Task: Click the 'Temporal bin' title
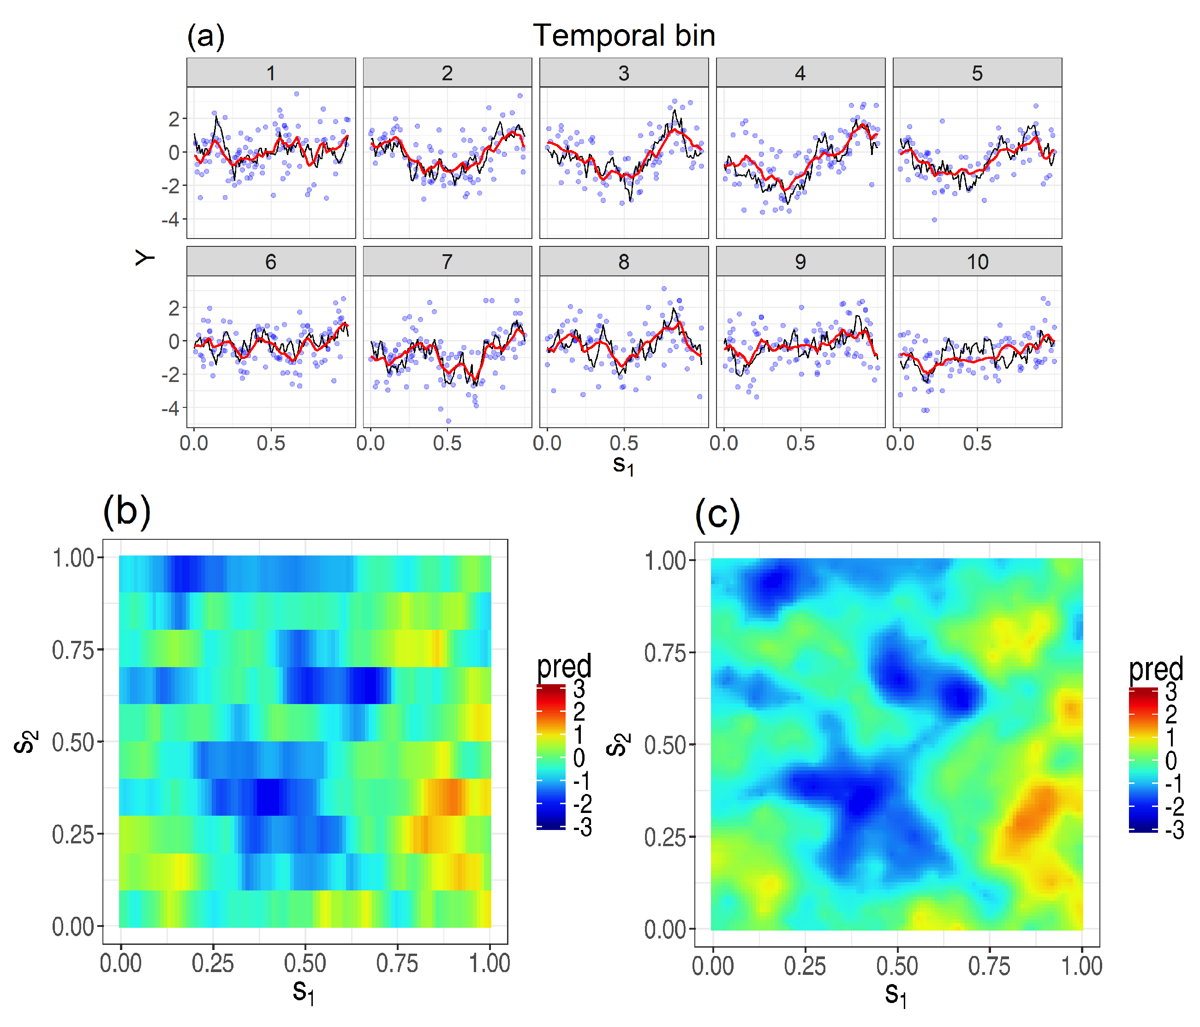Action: [x=624, y=36]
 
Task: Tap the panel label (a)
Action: [x=206, y=37]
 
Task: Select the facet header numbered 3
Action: [x=624, y=73]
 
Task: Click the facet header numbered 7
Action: [x=447, y=262]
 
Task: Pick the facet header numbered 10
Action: [x=977, y=262]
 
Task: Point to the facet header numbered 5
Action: [x=977, y=73]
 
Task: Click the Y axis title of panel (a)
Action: [x=145, y=258]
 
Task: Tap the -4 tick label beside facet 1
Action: [x=170, y=220]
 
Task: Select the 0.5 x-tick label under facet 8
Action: [x=624, y=444]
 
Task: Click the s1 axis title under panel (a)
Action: [x=624, y=465]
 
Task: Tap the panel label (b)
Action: [x=127, y=512]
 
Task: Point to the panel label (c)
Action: [x=717, y=514]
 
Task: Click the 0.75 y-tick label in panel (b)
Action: [x=73, y=651]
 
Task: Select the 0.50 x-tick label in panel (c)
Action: [x=896, y=966]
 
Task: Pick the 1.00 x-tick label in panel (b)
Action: [x=490, y=964]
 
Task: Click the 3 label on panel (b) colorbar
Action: [x=579, y=689]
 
